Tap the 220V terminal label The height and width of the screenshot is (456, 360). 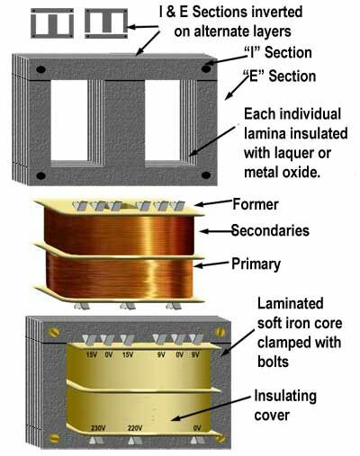[136, 428]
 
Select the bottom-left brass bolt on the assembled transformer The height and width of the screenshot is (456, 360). [53, 438]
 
